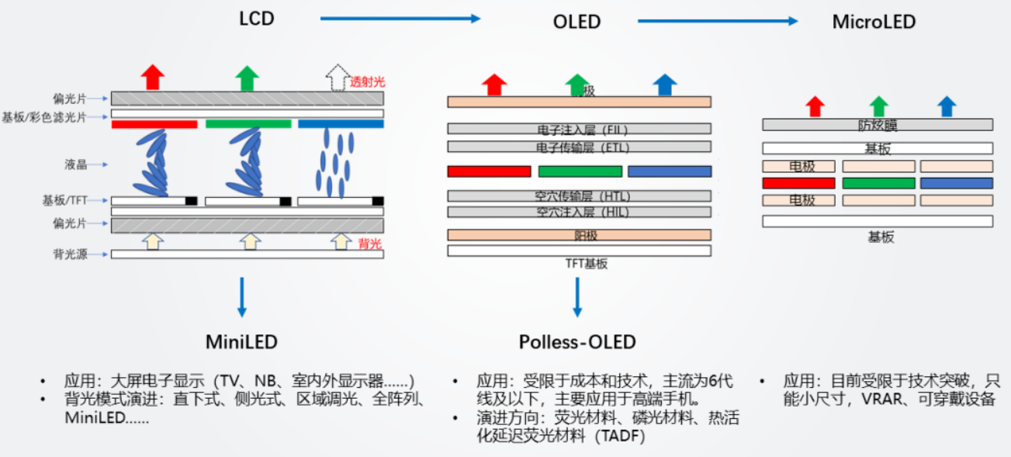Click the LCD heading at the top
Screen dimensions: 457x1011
[256, 18]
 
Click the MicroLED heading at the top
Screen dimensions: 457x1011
[874, 22]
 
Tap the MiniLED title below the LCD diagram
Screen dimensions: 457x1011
[241, 341]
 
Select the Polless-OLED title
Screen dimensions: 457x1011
[577, 341]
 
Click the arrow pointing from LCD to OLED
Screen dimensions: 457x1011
[400, 19]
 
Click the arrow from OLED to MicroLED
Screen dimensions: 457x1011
[717, 22]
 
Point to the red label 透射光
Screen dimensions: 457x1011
[367, 81]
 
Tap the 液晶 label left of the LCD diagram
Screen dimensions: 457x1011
[75, 164]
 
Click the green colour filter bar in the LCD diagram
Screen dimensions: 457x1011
[248, 124]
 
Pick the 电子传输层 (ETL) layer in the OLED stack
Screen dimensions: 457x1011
[579, 147]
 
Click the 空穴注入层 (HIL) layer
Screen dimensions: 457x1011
[579, 212]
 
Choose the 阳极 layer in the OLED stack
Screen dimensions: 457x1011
[579, 235]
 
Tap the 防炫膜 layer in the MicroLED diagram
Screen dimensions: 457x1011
[878, 125]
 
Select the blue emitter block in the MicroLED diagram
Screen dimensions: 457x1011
[956, 183]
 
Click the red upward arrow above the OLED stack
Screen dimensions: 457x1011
[493, 84]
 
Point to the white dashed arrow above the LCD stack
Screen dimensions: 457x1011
[337, 78]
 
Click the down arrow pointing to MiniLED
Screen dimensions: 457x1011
[242, 296]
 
